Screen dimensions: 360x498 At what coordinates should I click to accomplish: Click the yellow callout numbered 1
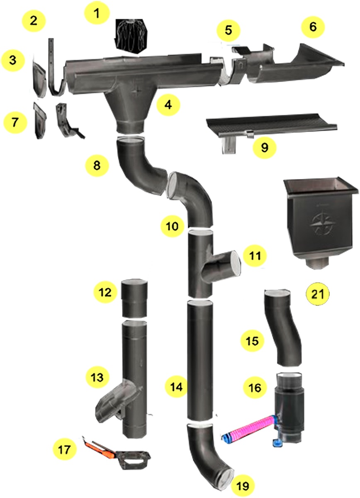(x=97, y=14)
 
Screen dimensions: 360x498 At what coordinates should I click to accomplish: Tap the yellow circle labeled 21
(x=317, y=294)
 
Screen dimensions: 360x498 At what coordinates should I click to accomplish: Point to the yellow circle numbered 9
(x=265, y=147)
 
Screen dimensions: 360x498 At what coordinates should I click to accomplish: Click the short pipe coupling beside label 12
(x=135, y=298)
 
